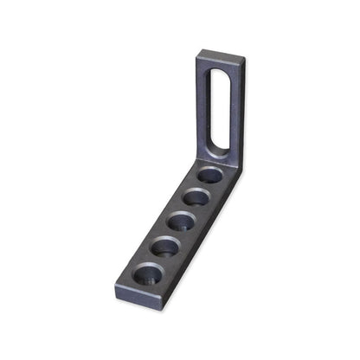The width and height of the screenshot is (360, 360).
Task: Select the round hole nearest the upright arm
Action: coord(209,177)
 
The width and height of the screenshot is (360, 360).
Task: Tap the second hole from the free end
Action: coord(165,247)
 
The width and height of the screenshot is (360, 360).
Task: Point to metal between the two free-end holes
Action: coord(157,260)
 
